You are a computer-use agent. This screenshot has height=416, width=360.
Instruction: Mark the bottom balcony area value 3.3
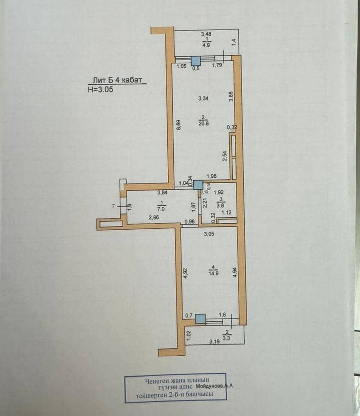[227, 339]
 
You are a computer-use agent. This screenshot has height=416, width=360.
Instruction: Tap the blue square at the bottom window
[200, 319]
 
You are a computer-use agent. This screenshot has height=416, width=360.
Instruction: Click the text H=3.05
[101, 89]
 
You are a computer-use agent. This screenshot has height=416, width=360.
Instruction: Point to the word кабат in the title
[133, 80]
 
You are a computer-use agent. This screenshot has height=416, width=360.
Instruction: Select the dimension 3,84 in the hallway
[162, 192]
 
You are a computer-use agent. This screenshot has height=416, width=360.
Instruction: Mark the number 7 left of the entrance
[113, 207]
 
